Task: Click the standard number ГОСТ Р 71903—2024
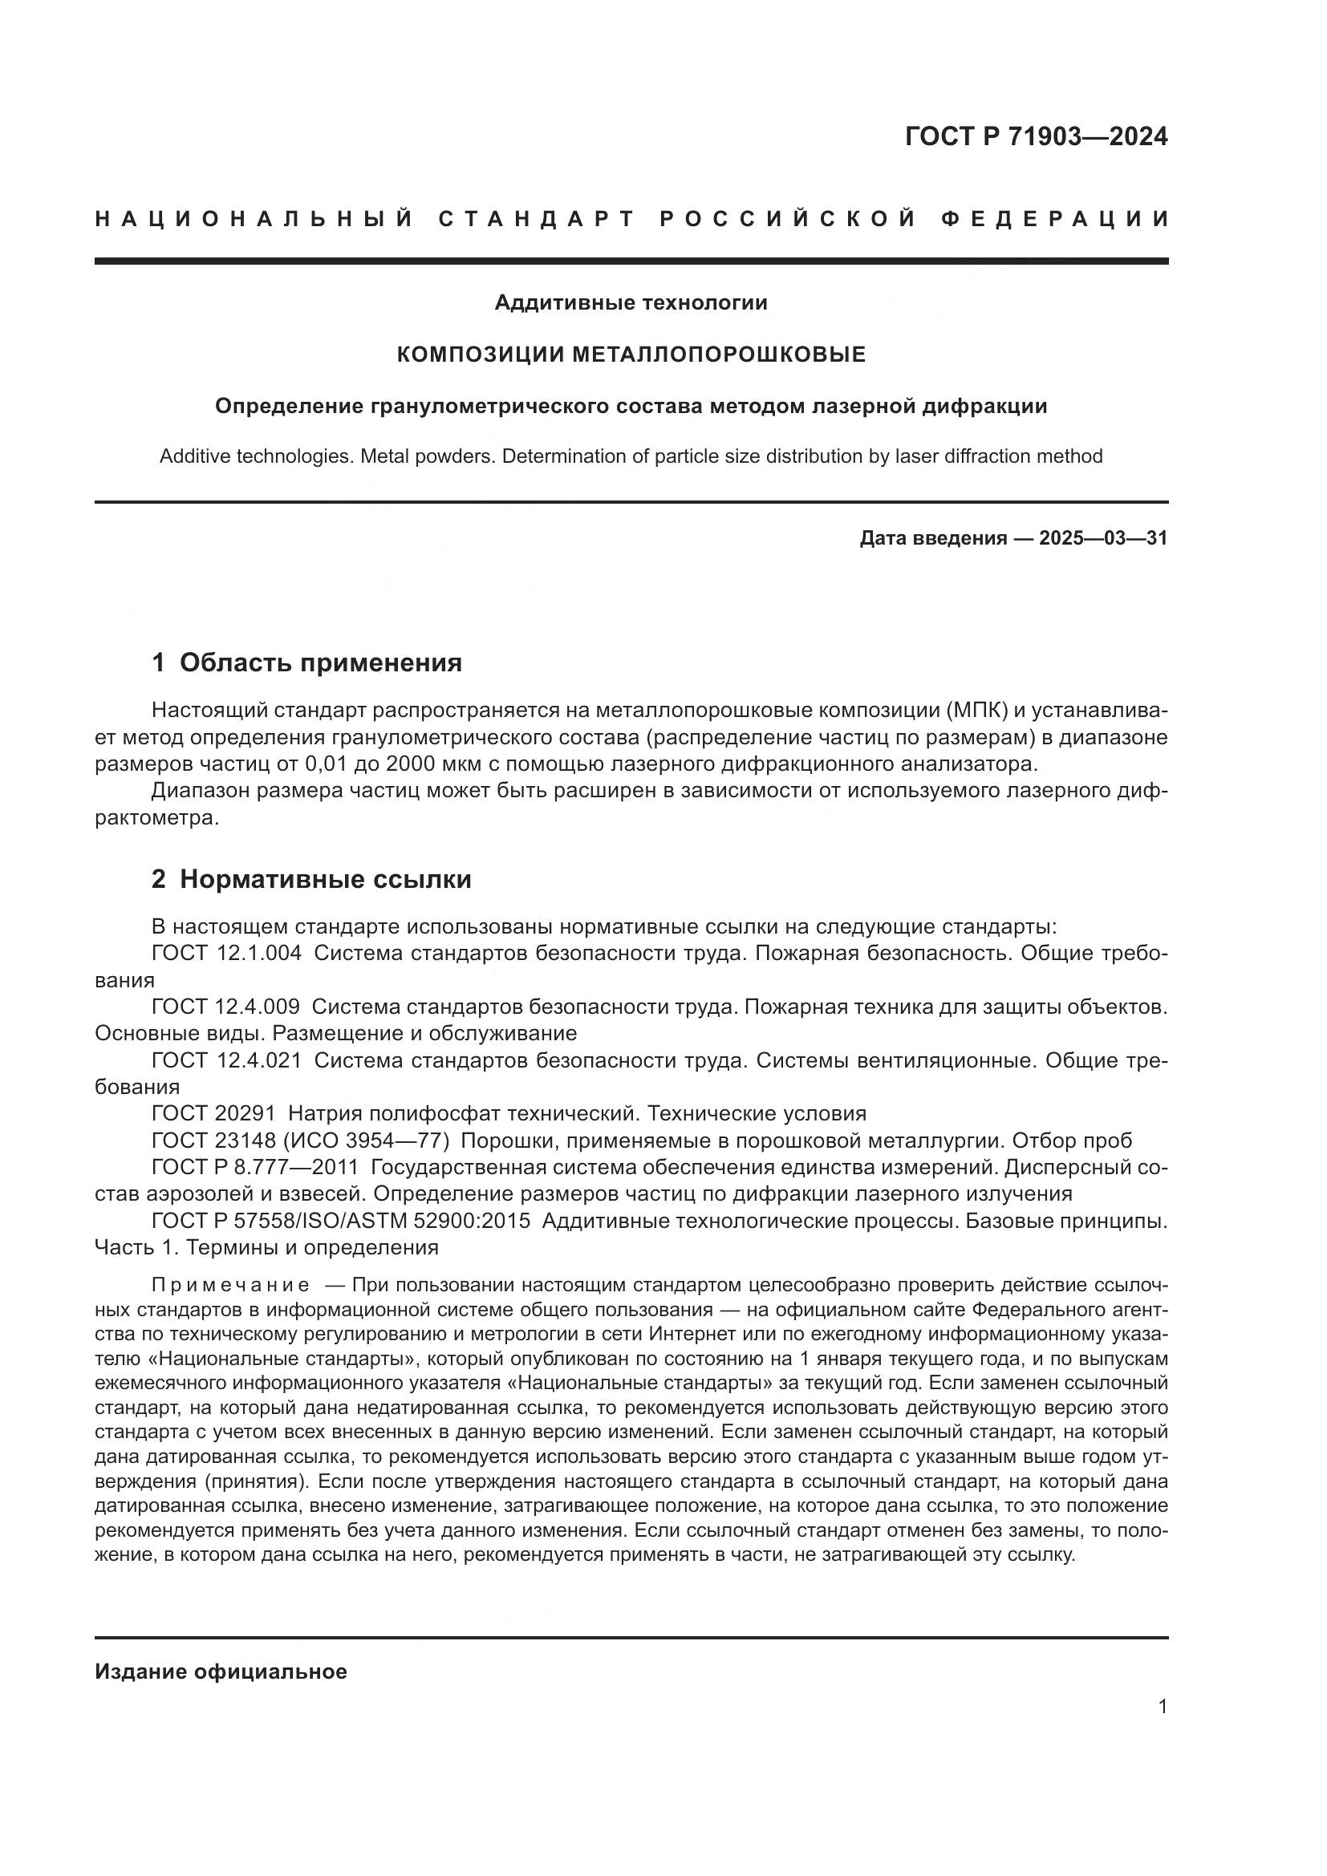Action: tap(1036, 136)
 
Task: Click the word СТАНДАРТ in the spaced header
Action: tap(537, 219)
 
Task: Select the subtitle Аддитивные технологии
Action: tap(631, 303)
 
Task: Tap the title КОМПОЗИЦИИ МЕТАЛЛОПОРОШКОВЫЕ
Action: tap(631, 355)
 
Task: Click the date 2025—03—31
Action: tap(1103, 538)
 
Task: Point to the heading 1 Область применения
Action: tap(306, 662)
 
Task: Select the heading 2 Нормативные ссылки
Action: tap(311, 880)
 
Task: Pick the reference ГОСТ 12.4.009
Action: tap(225, 1007)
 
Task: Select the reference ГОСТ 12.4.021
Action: tap(226, 1061)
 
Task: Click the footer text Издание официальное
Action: tap(221, 1671)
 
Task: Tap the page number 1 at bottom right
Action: tap(1162, 1707)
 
